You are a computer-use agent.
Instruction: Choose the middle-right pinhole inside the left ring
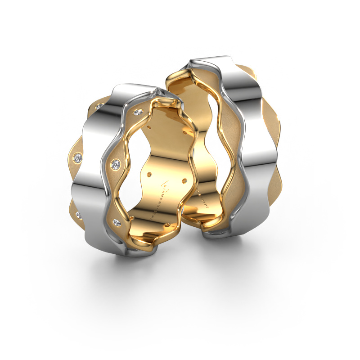click(184, 181)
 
